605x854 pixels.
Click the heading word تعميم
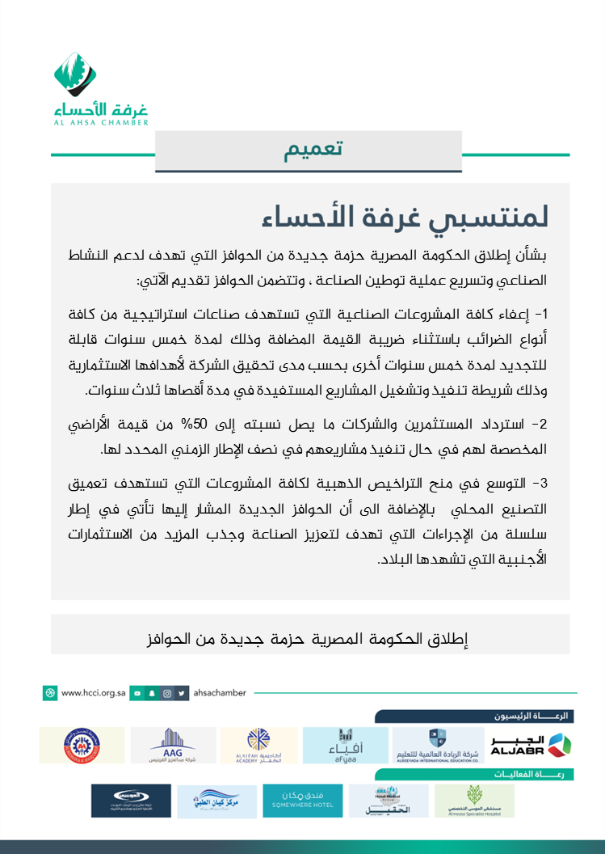(x=313, y=150)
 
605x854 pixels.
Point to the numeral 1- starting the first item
(x=540, y=315)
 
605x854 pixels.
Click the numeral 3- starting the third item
(x=540, y=484)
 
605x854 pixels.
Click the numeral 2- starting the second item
(x=540, y=424)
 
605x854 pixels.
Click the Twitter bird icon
(x=183, y=693)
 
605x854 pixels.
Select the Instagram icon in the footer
(x=166, y=693)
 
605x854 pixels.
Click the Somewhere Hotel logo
(x=301, y=800)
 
